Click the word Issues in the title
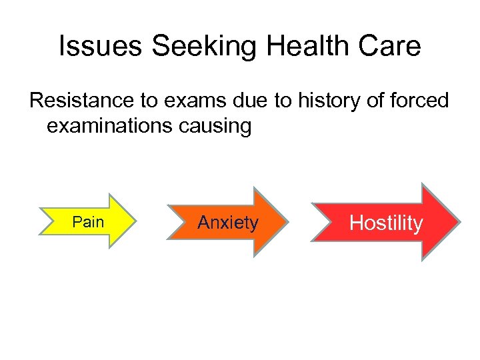[x=101, y=47]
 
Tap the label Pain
[x=88, y=222]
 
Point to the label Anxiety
[x=227, y=222]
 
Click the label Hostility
[x=386, y=223]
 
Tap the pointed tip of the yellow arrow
[x=135, y=221]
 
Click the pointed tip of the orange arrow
[x=287, y=221]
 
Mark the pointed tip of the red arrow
[x=459, y=222]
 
